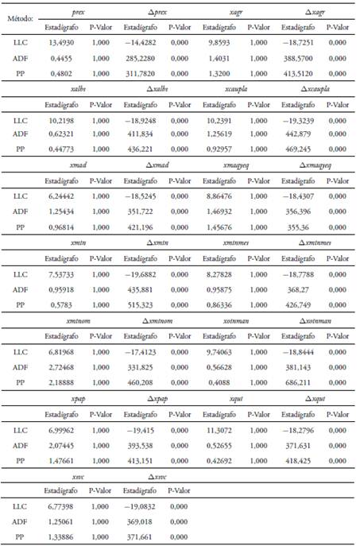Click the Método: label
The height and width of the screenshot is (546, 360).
(x=19, y=16)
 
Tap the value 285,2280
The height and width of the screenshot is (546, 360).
(x=139, y=60)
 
